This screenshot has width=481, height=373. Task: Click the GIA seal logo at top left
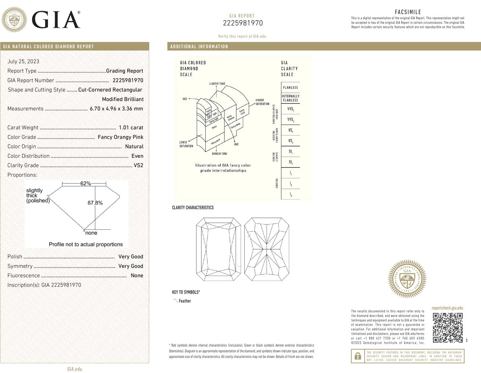(x=15, y=19)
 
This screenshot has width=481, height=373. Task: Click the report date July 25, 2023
(x=23, y=62)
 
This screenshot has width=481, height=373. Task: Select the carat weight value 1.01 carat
(x=131, y=128)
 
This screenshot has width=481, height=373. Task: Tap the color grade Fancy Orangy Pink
(x=120, y=137)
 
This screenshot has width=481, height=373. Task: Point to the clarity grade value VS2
(x=138, y=165)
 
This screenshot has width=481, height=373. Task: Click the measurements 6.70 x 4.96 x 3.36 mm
(x=116, y=109)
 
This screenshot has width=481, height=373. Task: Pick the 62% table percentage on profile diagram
(x=85, y=184)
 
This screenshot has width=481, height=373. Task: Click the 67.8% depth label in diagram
(x=95, y=203)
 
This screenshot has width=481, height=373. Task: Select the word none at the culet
(x=91, y=233)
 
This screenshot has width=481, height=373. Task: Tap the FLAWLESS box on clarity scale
(x=290, y=88)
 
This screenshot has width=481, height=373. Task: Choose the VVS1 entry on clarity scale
(x=290, y=109)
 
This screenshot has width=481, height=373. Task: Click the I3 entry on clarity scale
(x=290, y=195)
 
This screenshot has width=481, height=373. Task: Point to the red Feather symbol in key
(x=175, y=300)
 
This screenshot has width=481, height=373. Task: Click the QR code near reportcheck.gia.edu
(x=447, y=327)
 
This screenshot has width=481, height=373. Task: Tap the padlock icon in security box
(x=358, y=356)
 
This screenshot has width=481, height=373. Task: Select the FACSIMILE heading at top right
(x=408, y=12)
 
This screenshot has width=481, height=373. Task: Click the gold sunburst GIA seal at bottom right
(x=407, y=279)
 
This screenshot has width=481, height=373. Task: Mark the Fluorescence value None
(x=137, y=275)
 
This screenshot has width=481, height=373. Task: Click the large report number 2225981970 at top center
(x=243, y=23)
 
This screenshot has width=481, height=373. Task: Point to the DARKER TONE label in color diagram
(x=219, y=154)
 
